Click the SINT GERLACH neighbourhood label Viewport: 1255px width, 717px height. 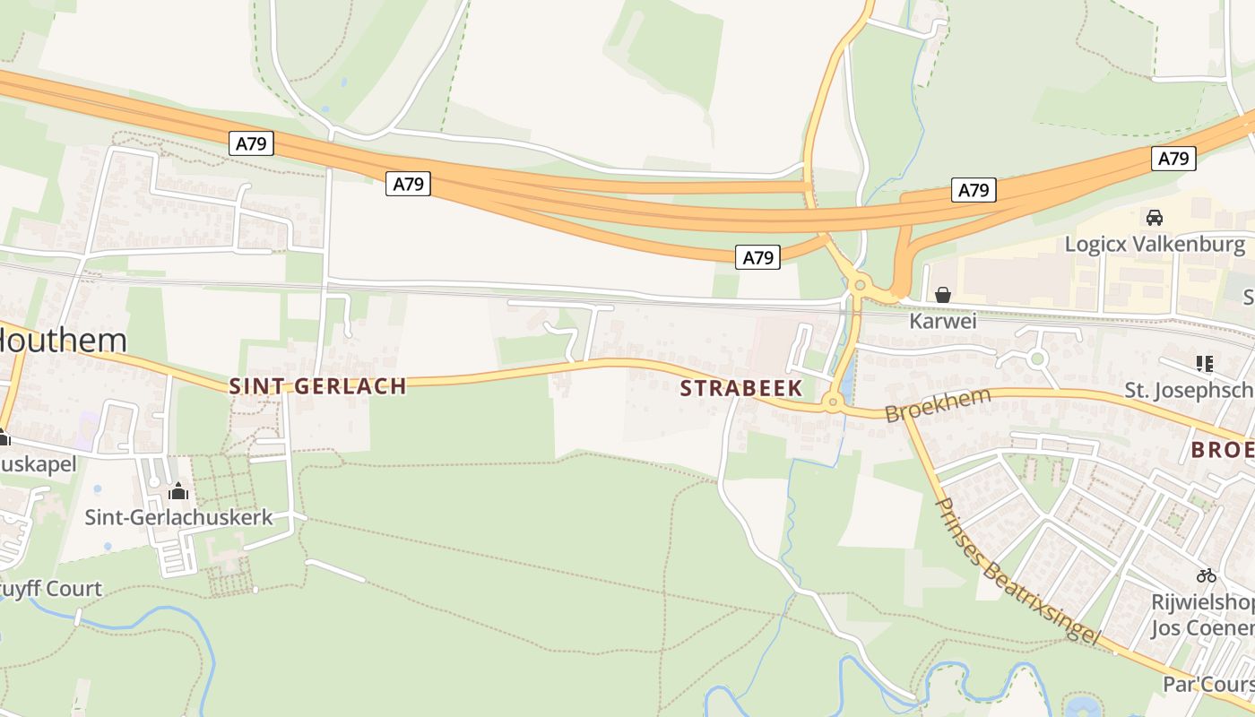point(318,386)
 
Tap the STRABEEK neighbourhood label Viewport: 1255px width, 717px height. point(740,388)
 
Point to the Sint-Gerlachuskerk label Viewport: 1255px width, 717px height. point(178,517)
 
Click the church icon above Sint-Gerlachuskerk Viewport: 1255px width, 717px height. point(178,491)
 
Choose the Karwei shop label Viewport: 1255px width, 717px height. point(942,320)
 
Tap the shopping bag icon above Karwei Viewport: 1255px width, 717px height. point(942,295)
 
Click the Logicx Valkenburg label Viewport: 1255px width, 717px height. point(1155,244)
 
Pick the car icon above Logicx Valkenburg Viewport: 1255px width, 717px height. point(1155,218)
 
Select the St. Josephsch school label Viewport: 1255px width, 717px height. point(1189,390)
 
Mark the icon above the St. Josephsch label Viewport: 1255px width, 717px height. point(1205,363)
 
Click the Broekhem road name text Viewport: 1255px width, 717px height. point(938,405)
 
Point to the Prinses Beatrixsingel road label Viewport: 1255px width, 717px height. point(1017,570)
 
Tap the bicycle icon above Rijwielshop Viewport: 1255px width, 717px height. point(1207,575)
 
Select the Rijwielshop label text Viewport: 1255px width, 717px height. point(1202,601)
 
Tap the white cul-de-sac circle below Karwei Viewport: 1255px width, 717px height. point(1037,359)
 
